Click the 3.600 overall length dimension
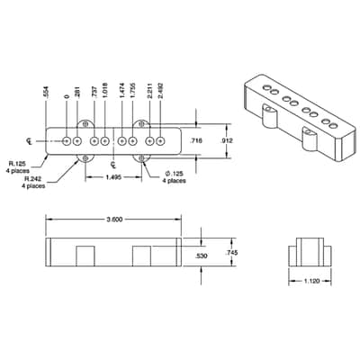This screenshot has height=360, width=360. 114,220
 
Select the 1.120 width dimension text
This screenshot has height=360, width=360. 312,281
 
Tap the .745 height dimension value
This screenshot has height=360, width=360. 231,253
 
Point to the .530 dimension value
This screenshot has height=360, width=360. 201,256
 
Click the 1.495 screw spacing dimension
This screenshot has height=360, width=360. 113,177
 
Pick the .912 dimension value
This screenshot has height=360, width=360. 227,140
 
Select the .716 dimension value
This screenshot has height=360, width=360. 197,140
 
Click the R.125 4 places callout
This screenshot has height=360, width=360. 17,167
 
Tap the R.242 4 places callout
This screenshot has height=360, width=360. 33,183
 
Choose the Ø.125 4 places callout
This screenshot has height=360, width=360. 174,177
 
